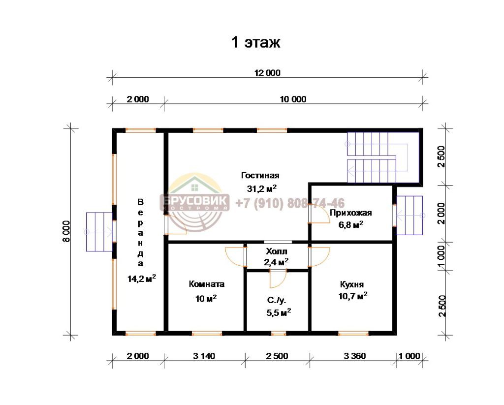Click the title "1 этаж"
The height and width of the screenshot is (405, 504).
click(x=255, y=42)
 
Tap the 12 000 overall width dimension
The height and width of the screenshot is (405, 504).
click(x=267, y=73)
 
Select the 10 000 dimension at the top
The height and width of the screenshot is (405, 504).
click(x=293, y=99)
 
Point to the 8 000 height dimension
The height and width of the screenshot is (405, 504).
click(x=66, y=231)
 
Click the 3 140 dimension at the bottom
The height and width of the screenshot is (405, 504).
click(x=204, y=356)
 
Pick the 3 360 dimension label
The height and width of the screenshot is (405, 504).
click(x=355, y=356)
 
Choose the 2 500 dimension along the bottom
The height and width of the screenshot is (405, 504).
click(x=277, y=356)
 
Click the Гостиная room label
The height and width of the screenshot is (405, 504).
click(x=260, y=176)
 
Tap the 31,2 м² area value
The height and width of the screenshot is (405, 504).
click(x=262, y=188)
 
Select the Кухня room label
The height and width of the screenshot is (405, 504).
click(x=352, y=285)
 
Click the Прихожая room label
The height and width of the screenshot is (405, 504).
click(x=350, y=213)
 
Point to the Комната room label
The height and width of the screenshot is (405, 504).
click(x=206, y=284)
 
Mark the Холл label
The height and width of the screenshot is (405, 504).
click(x=277, y=251)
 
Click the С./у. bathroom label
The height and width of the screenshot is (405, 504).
click(x=277, y=301)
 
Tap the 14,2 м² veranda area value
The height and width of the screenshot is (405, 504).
click(x=142, y=279)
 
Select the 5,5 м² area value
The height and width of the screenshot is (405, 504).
click(x=279, y=312)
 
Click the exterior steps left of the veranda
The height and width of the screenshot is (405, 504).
click(x=99, y=231)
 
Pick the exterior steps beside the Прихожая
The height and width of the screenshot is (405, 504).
click(x=409, y=216)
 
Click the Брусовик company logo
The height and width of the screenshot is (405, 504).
click(x=195, y=203)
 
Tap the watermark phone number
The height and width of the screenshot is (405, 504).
click(x=290, y=203)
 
